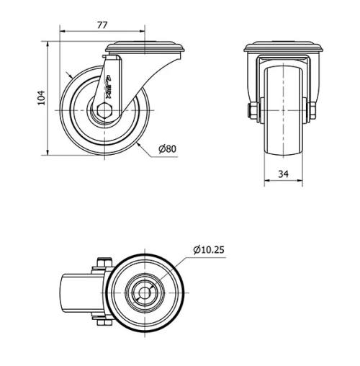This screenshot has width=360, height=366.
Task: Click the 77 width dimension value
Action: pos(102,25)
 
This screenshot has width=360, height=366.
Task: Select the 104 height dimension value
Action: pos(41,97)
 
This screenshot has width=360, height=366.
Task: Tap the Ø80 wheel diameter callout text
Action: pos(167,149)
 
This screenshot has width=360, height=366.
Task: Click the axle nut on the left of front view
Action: pos(253,110)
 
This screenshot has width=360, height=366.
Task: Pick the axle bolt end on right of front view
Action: pos(313,110)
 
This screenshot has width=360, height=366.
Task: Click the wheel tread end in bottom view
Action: pos(72,293)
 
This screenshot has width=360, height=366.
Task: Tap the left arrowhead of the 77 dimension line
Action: pos(62,32)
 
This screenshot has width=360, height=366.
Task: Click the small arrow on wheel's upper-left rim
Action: pos(68,75)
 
